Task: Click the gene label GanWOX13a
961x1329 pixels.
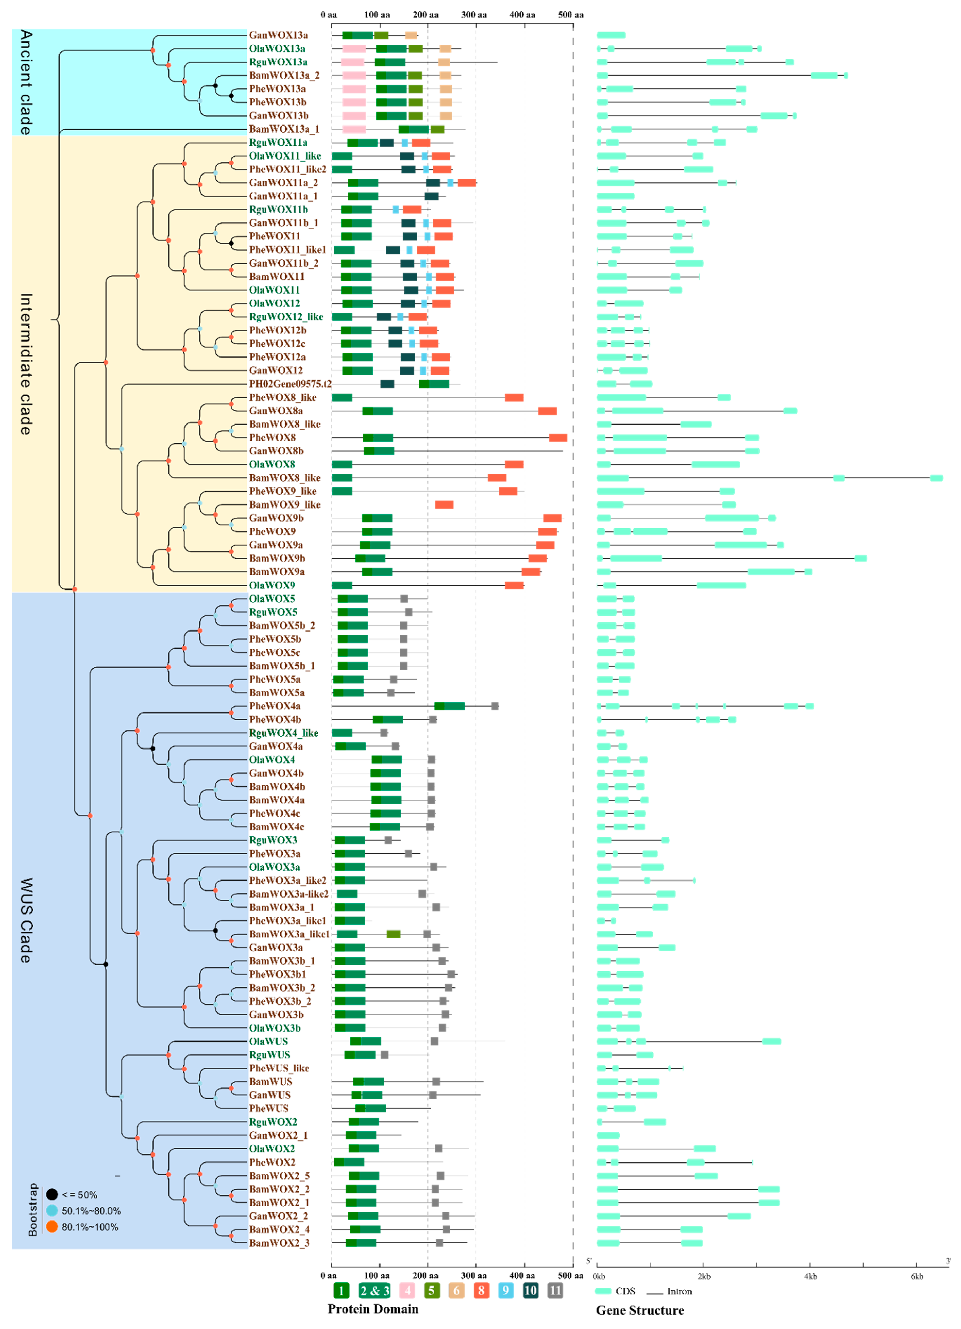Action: coord(278,35)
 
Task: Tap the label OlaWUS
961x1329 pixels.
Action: coord(268,1041)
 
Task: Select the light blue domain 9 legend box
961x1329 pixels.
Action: coord(505,1290)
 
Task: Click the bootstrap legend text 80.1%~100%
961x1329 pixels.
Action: coord(90,1226)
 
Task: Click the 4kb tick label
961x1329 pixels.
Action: coord(810,1276)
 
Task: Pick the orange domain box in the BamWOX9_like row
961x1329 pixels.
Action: coord(444,504)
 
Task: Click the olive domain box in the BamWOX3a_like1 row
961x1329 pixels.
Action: coord(393,934)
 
